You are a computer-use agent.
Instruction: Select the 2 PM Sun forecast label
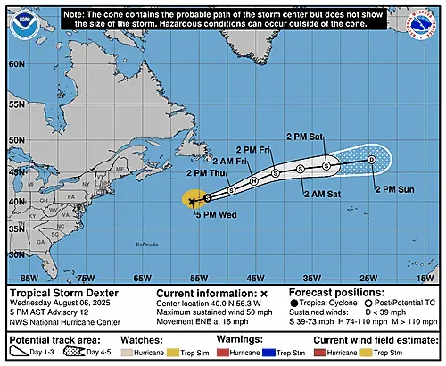pos(394,189)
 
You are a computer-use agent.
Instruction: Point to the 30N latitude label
pos(16,255)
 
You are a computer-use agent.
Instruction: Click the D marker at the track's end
pos(371,159)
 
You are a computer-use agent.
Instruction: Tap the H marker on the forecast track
pos(254,181)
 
